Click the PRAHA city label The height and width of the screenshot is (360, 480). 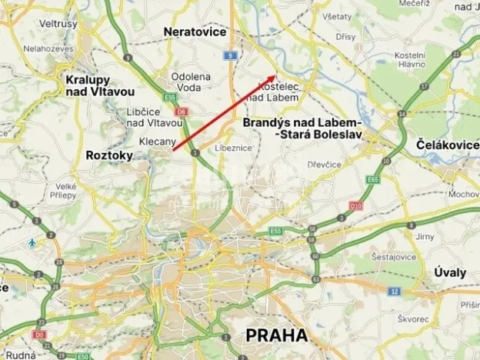tap(275, 335)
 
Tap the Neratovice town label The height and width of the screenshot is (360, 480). tap(195, 32)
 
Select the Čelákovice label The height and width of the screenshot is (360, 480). tap(445, 145)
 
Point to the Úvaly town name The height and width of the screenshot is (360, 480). tap(449, 273)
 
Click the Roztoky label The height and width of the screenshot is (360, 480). tap(109, 155)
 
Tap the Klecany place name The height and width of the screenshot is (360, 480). tap(158, 142)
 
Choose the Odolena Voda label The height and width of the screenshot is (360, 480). tap(190, 81)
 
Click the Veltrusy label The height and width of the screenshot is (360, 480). tap(59, 24)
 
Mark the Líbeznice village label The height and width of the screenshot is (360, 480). tap(234, 148)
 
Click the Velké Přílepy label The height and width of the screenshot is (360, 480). tap(65, 191)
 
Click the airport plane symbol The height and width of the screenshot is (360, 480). tap(32, 242)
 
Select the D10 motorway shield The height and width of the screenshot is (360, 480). tap(355, 206)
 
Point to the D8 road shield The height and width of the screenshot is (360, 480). tap(181, 112)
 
